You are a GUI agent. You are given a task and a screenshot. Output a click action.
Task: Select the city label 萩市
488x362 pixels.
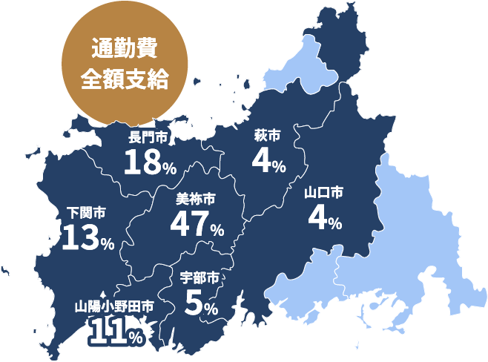267,136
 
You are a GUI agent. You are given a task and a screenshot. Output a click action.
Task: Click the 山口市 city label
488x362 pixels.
324,193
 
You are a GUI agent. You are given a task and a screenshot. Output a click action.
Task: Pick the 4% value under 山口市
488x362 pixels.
324,219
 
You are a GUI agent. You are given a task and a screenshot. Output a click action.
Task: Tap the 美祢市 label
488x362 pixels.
196,199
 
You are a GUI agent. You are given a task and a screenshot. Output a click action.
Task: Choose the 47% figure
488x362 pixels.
197,225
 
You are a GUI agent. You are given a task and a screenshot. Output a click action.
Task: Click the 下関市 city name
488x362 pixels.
86,213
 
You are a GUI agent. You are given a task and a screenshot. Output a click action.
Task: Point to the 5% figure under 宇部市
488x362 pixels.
200,304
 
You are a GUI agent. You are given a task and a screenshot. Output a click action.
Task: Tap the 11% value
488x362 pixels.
116,332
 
